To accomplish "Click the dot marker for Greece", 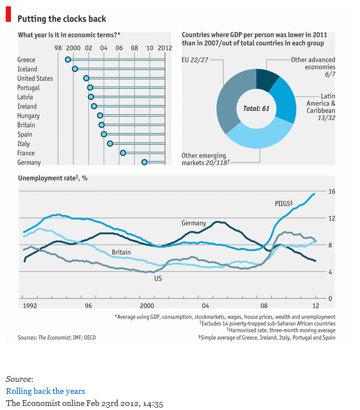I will coord(68,60).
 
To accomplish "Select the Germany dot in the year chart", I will coord(144,162).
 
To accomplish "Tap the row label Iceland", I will coord(27,69).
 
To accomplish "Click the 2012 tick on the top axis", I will coord(164,48).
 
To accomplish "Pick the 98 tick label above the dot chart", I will coord(59,48).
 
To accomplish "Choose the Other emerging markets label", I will coord(205,159).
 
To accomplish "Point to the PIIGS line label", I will coord(284,204).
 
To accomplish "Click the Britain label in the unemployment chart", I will coord(121,252).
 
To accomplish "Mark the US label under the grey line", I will coord(158,278).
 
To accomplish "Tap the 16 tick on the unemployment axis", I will coord(331,191).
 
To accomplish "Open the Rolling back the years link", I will coord(45,391).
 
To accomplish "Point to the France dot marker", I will coord(123,153).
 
